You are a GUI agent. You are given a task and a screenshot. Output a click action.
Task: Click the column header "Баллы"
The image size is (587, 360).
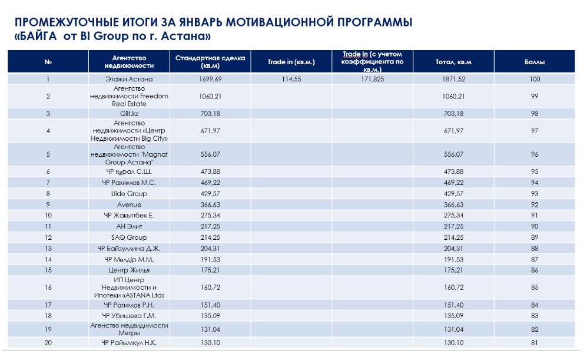534,62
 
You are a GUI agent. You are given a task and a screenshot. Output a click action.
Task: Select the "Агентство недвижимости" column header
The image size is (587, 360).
129,62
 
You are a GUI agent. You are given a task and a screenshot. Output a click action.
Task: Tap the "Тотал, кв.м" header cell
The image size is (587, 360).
453,62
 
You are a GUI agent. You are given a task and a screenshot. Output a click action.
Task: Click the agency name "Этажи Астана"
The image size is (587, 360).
129,80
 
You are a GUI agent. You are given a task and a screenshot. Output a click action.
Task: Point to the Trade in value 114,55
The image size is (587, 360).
291,80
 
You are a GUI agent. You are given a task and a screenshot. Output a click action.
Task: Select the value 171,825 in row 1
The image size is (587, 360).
373,80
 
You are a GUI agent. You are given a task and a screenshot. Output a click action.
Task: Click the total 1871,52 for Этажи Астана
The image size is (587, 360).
453,80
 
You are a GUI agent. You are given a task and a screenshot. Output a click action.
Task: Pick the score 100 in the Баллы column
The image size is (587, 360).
535,80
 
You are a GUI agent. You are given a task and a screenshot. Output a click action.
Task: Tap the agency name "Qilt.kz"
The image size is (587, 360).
129,114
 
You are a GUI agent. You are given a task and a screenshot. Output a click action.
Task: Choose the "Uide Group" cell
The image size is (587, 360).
129,194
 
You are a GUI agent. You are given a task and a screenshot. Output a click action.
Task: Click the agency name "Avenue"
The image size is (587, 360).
129,205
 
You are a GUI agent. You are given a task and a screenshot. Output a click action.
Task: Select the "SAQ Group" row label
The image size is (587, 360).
129,237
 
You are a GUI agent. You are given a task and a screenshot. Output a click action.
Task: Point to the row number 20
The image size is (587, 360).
48,343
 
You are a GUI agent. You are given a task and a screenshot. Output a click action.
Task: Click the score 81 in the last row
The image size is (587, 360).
534,343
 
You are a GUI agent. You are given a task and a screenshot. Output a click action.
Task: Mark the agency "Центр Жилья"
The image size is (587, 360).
129,270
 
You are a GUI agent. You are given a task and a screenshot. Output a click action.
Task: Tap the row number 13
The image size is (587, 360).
48,249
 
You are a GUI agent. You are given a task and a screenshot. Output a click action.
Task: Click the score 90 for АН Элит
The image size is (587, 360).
535,227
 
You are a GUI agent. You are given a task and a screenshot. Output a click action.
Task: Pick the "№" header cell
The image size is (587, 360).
48,62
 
